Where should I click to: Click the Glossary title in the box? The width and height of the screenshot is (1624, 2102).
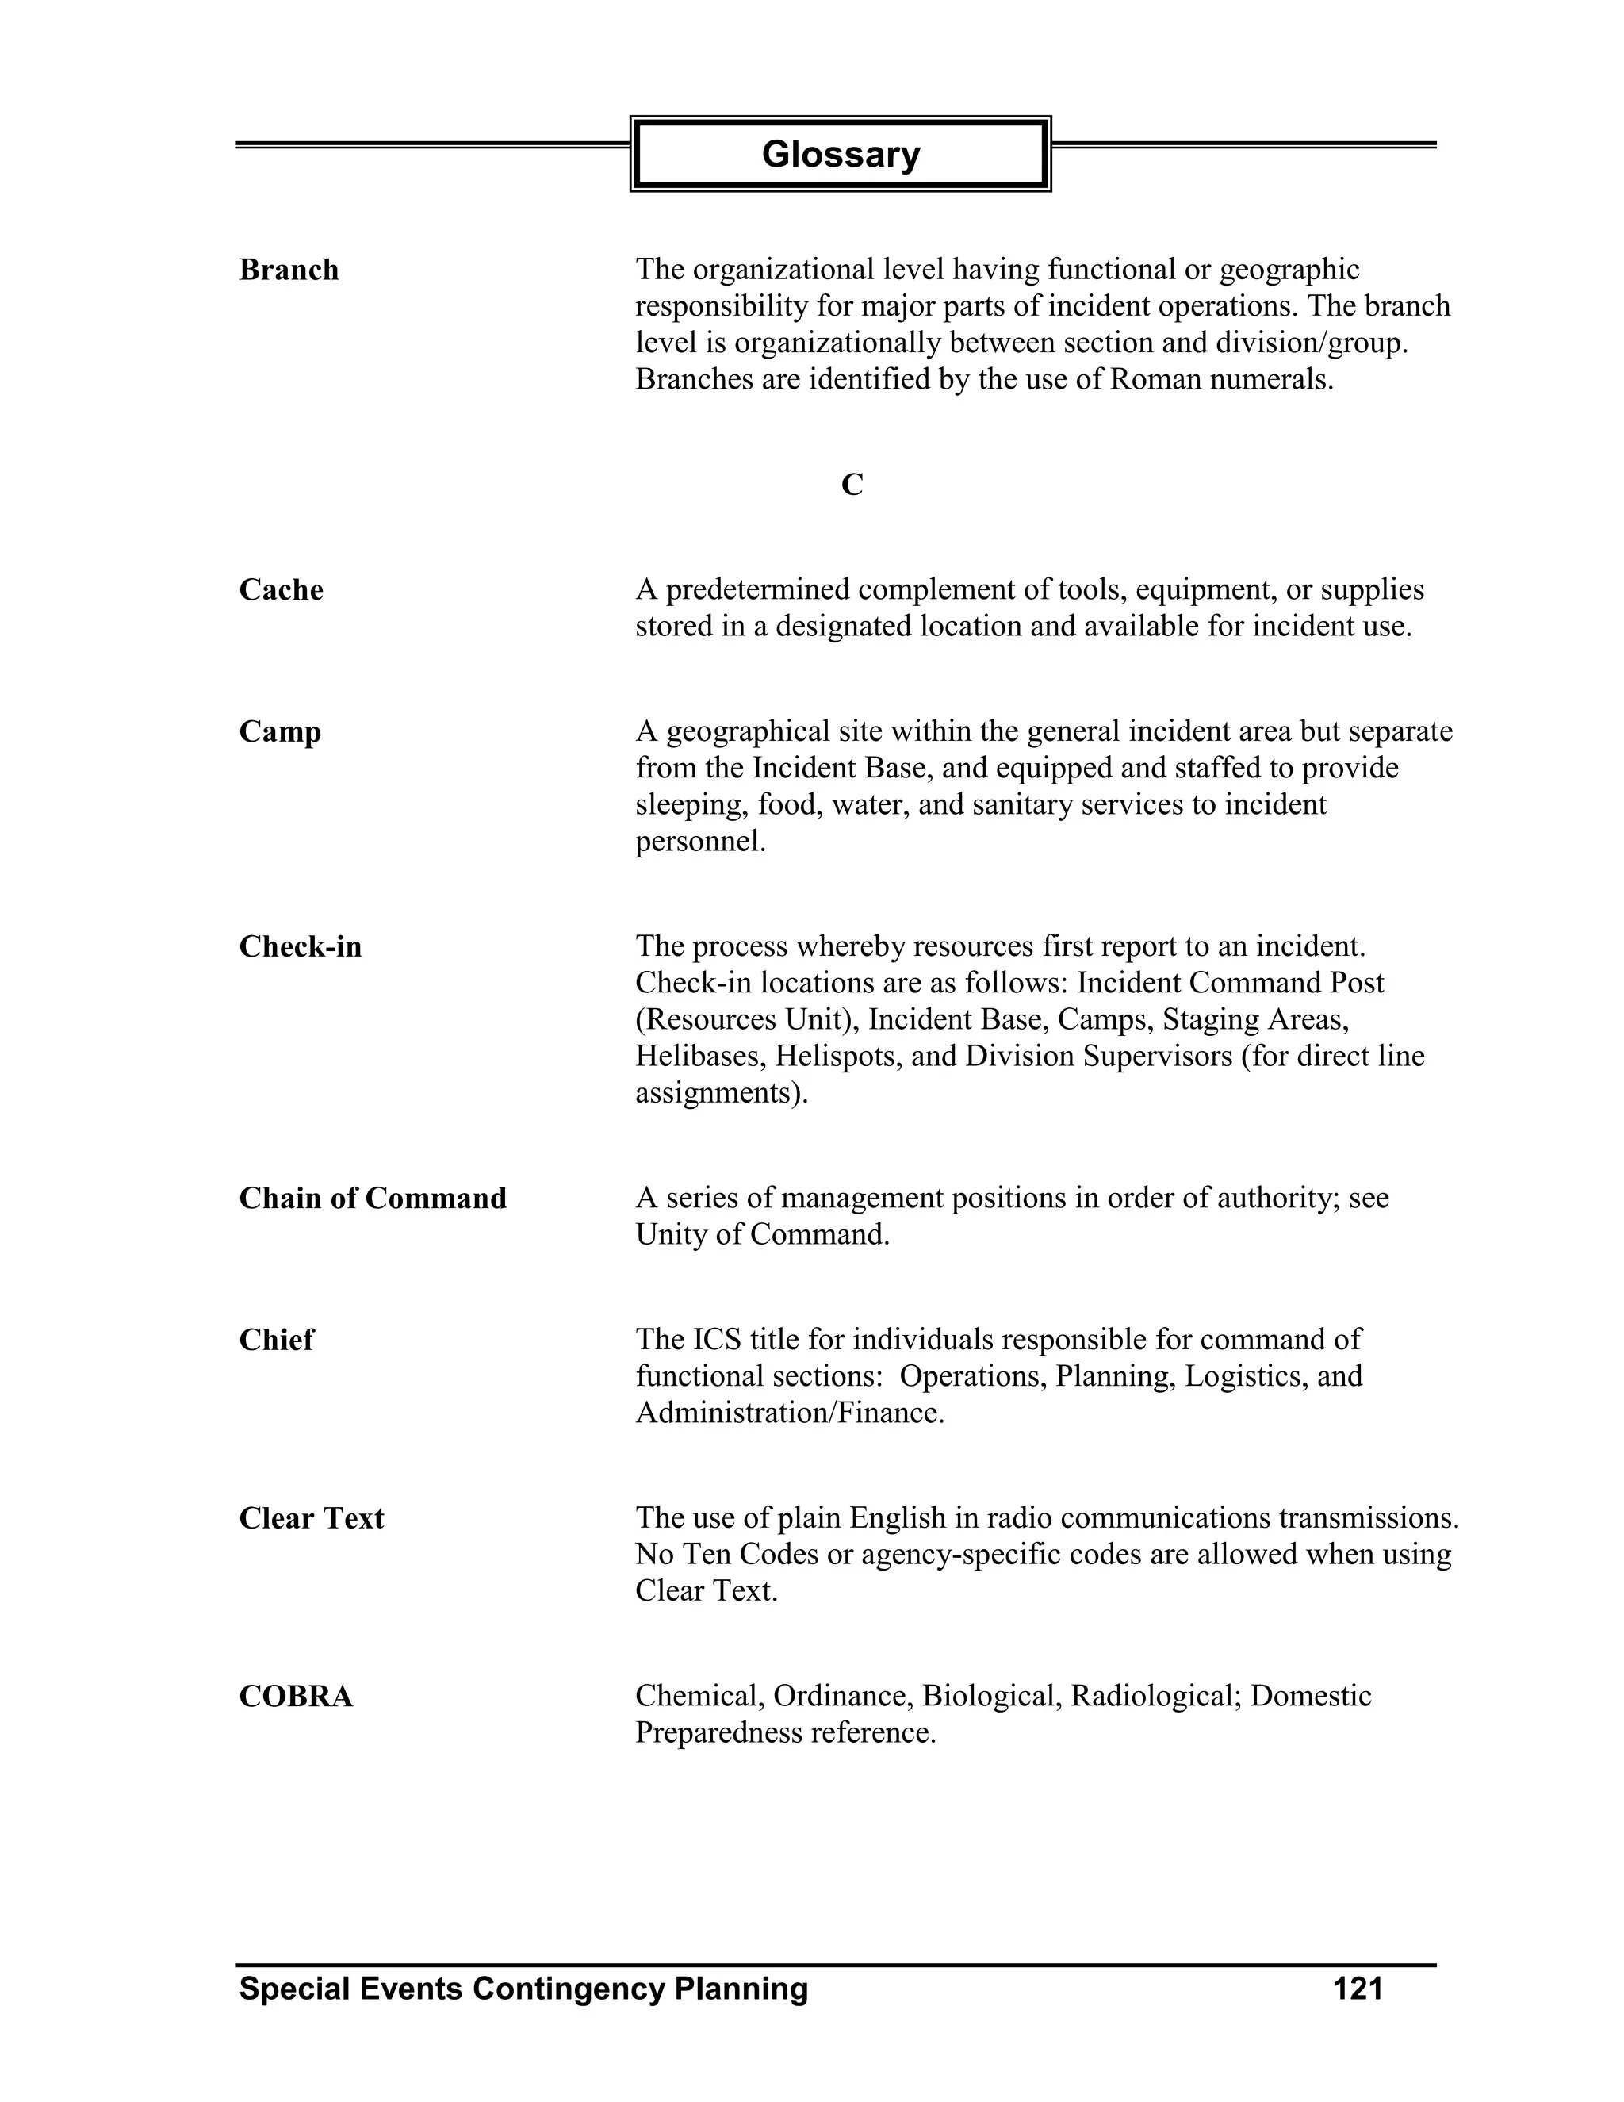[x=840, y=154]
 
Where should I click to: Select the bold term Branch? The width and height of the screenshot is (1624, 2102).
[x=289, y=270]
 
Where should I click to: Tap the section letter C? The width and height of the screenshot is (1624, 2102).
[x=852, y=485]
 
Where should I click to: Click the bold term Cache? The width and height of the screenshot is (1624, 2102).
[x=281, y=589]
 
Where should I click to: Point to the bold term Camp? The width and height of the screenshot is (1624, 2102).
[x=280, y=732]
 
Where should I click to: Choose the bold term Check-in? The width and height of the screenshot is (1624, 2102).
[x=301, y=947]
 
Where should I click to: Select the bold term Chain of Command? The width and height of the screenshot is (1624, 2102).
[x=373, y=1199]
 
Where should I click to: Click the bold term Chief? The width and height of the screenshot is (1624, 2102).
[x=276, y=1340]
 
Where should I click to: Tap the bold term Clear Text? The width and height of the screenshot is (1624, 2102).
[x=311, y=1519]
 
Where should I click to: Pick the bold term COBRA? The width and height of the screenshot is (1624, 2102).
[x=295, y=1697]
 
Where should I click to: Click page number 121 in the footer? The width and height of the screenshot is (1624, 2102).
[x=1358, y=1989]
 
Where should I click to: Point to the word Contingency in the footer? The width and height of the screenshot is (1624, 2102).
[x=568, y=1989]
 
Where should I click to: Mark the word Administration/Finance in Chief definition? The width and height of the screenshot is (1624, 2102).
[x=789, y=1413]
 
